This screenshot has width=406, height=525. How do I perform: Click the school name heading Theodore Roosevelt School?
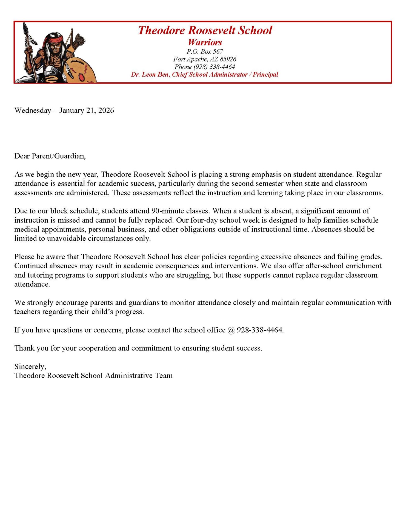[x=205, y=30]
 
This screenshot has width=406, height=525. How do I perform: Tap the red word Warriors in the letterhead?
[x=205, y=42]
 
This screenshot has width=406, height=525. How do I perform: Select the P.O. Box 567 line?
[x=205, y=51]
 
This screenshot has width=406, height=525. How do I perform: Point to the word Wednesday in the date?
[x=33, y=110]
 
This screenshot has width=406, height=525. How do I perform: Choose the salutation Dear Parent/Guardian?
[x=50, y=156]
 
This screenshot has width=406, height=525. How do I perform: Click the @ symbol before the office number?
[x=231, y=330]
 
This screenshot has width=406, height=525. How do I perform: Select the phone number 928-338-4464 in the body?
[x=259, y=330]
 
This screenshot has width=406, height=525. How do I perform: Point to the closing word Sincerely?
[x=30, y=366]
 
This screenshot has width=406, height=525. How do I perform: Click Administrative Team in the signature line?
[x=139, y=375]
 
